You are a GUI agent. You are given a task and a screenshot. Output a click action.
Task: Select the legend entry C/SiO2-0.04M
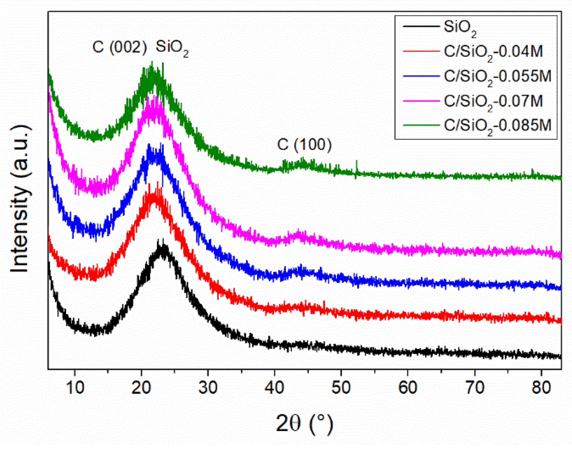tap(493, 52)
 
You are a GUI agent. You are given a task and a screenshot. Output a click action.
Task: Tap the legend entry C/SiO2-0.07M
tap(493, 101)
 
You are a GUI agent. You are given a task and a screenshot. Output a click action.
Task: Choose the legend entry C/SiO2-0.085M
tap(497, 126)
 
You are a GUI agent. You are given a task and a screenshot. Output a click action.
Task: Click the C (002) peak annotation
tap(120, 47)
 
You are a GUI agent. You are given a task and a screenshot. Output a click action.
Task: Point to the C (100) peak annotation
tap(304, 145)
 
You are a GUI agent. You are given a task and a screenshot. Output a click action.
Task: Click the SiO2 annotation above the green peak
tap(172, 48)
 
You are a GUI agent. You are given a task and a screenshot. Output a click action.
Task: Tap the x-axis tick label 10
tap(75, 388)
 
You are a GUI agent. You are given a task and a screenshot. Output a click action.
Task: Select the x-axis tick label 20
tap(141, 388)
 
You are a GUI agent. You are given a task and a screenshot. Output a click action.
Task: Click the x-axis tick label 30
tap(208, 388)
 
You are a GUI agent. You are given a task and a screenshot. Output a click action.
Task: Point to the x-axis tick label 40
tap(274, 388)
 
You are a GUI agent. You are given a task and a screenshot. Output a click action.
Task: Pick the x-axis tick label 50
tap(341, 388)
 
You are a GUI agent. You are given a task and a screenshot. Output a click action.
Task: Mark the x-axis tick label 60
tap(408, 388)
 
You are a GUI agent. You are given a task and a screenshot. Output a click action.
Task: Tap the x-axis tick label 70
tap(475, 388)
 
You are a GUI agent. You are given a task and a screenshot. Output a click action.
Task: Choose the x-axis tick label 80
tap(541, 388)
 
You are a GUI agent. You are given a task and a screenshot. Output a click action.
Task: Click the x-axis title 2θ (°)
tap(304, 423)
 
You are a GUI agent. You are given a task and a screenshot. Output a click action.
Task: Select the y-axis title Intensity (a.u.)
tap(20, 199)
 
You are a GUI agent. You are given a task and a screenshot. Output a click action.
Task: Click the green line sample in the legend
tap(421, 125)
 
